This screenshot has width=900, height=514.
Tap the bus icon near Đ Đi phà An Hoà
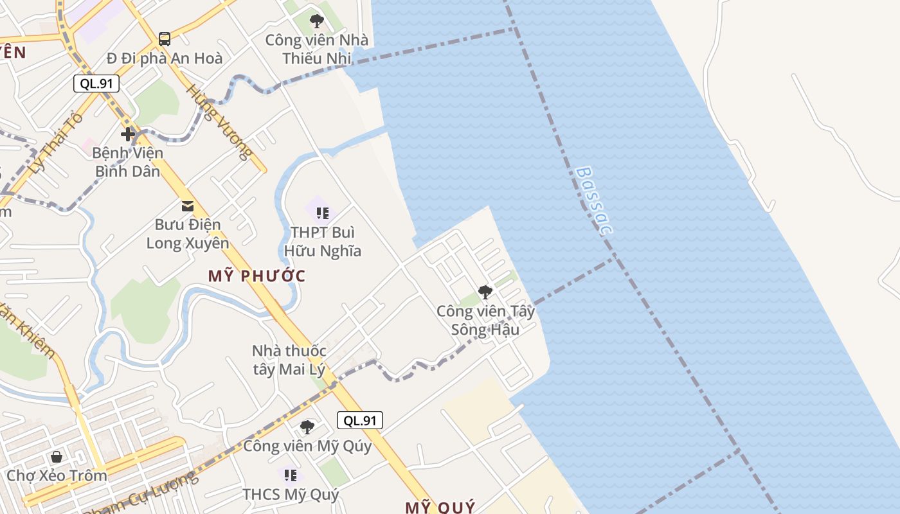(165, 39)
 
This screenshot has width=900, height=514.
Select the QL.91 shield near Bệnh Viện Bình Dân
(96, 84)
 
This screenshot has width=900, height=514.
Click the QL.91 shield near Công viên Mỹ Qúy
(360, 421)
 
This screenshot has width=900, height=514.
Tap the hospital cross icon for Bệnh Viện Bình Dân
(128, 134)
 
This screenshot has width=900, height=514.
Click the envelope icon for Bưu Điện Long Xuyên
(188, 206)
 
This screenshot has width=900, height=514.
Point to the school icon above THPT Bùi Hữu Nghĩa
(322, 213)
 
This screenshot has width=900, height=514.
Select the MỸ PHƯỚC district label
(256, 276)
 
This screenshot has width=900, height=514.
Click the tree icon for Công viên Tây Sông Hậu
(485, 292)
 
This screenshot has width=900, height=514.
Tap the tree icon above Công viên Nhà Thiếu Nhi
(317, 21)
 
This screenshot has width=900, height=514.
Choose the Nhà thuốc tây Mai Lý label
(289, 360)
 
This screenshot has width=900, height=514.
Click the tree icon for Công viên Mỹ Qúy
(307, 427)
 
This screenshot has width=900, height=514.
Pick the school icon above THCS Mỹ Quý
(291, 475)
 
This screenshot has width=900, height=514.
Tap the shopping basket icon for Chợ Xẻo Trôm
(57, 457)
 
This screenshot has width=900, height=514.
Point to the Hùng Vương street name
(217, 122)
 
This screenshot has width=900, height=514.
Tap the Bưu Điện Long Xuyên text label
(188, 234)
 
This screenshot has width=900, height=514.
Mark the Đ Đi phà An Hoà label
(165, 58)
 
